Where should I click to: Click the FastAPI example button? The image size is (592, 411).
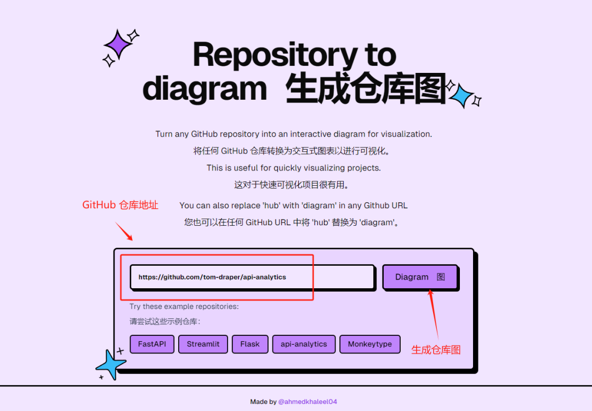coord(152,344)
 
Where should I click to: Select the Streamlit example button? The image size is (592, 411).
coord(203,344)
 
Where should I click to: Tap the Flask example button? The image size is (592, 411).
coord(250,344)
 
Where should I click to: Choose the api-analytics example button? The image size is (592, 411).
coord(304,344)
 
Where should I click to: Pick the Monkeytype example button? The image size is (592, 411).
coord(370,344)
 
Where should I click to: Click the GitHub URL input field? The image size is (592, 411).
coord(252,277)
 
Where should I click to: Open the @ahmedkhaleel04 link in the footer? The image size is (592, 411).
coord(308,402)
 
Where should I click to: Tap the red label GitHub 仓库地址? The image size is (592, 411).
coord(120,205)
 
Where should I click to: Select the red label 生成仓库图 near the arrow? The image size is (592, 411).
coord(436,350)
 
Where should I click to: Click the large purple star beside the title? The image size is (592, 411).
coord(118,44)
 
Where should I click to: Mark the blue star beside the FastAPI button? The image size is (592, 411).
coord(110,363)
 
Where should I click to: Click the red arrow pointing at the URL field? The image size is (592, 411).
coord(123,231)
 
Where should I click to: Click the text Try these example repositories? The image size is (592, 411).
coord(184,306)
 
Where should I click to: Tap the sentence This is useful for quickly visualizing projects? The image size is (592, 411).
coord(294,168)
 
